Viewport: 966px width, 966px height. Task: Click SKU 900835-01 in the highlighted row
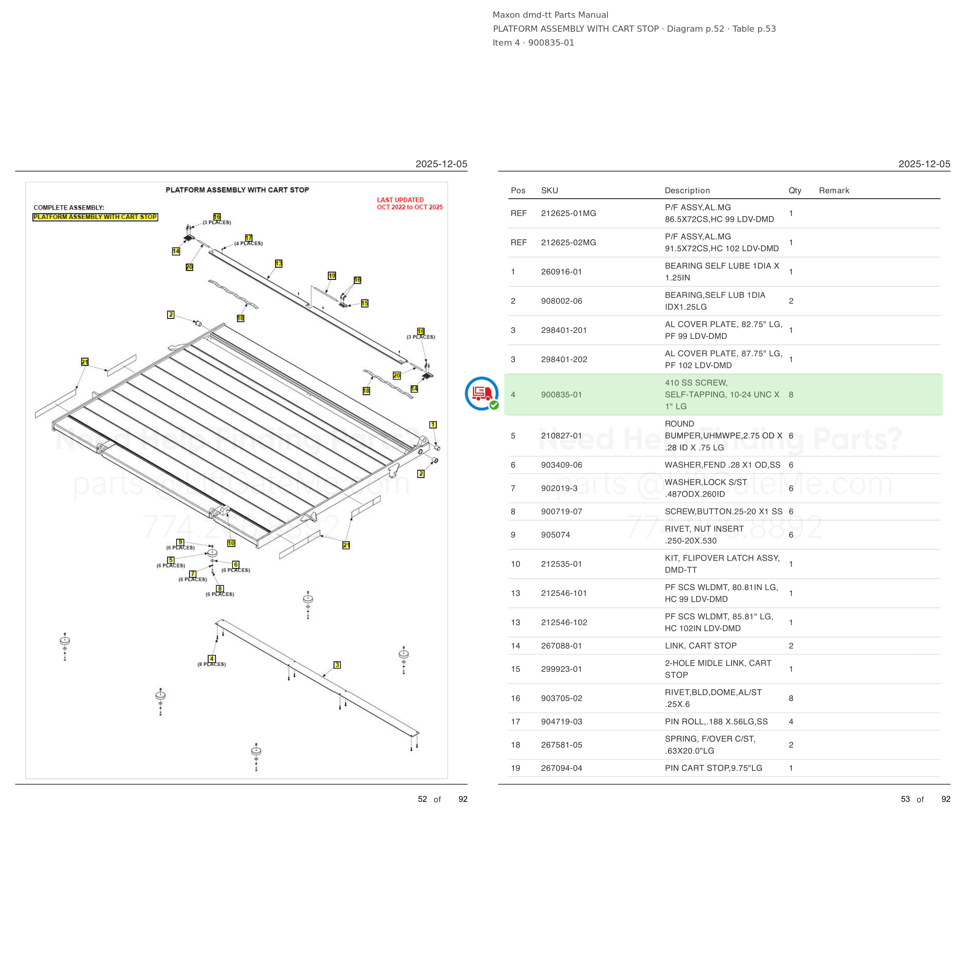pos(561,395)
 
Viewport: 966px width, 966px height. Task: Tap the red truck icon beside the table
pos(481,393)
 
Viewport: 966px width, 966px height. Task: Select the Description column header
pos(687,190)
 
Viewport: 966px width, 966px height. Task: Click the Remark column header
pos(834,190)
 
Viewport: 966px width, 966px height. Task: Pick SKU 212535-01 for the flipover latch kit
pos(561,564)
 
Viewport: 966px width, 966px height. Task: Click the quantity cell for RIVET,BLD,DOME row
pos(791,698)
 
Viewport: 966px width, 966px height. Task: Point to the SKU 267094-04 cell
pos(561,768)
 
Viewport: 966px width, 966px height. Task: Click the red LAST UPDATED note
pos(410,204)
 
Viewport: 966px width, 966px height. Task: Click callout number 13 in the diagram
pos(279,264)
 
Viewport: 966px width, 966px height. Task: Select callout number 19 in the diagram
pos(332,276)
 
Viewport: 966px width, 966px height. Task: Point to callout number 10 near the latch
pos(231,543)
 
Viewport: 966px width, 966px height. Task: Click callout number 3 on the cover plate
pos(337,665)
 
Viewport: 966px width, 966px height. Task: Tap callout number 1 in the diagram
pos(433,425)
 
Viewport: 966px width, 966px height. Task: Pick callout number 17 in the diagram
pos(248,238)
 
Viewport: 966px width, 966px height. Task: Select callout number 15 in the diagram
pos(364,303)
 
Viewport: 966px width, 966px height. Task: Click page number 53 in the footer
pos(905,799)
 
